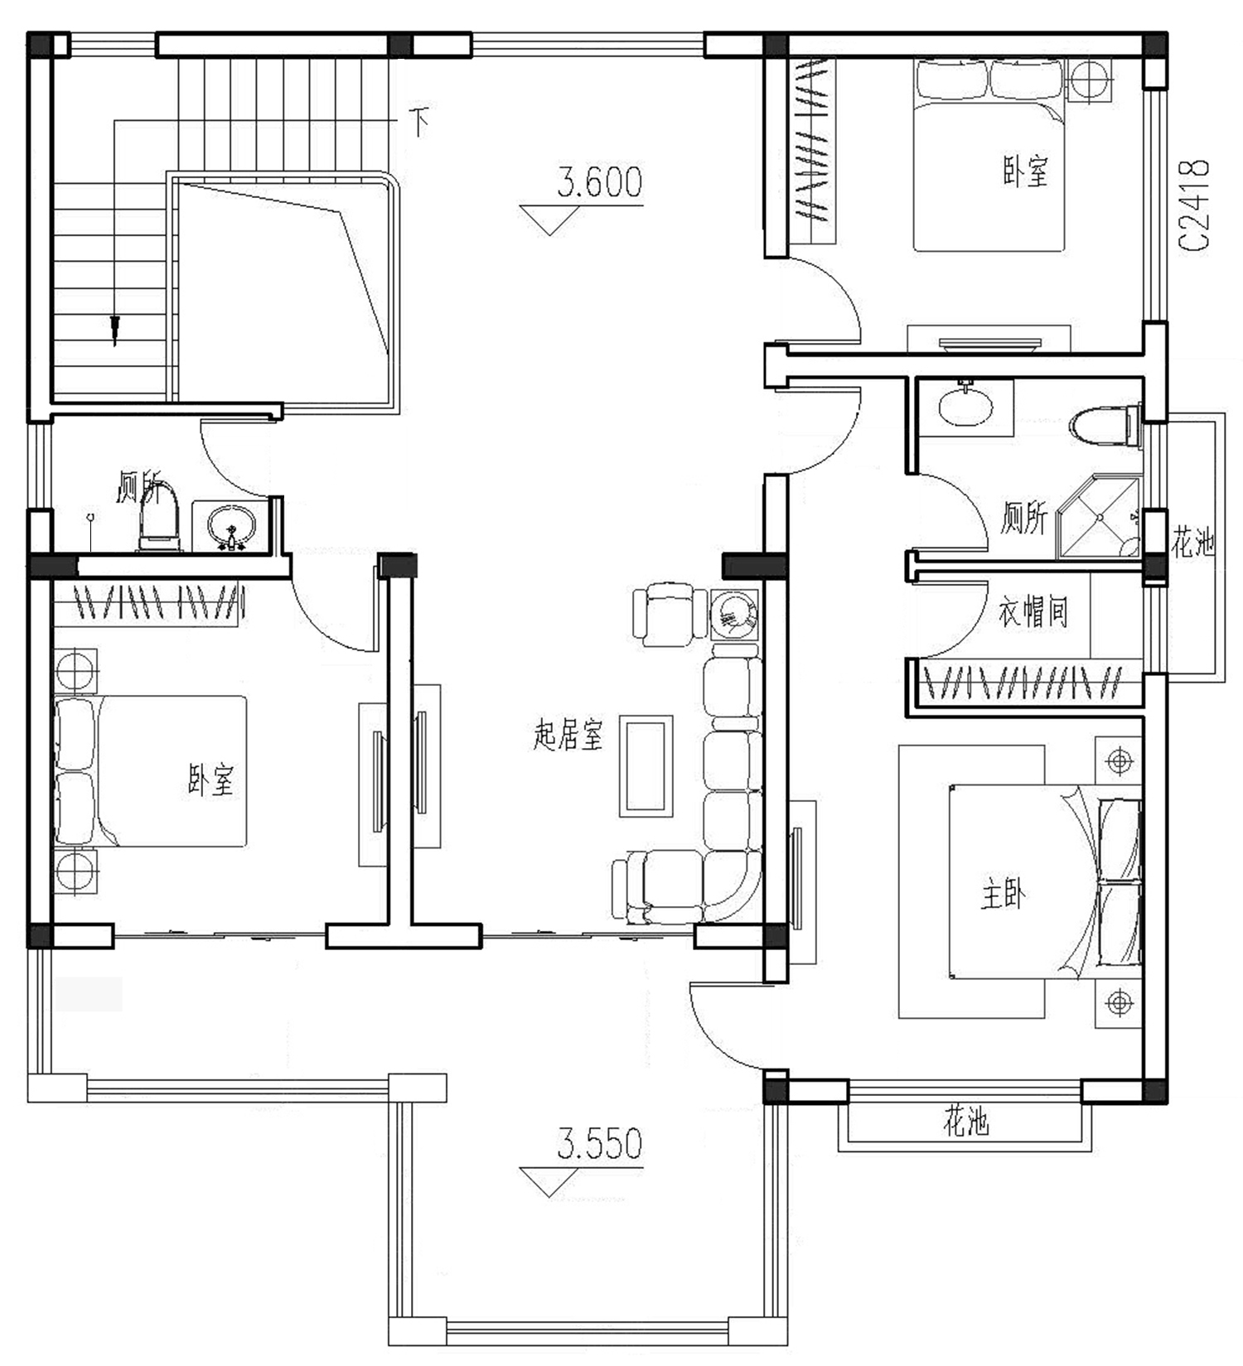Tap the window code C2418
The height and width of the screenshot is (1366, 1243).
point(1194,205)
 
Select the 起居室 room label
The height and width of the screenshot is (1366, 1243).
point(568,735)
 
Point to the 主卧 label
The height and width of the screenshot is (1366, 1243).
point(1003,895)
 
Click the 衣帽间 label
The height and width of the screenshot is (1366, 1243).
point(1033,612)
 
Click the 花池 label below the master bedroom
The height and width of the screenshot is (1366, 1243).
point(965,1122)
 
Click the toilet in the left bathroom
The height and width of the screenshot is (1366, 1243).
point(158,517)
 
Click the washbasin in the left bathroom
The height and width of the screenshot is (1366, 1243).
point(231,525)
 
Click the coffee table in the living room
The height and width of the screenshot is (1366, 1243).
point(646,766)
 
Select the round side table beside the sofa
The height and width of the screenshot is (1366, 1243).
point(734,613)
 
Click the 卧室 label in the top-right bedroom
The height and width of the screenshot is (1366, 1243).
point(1025,171)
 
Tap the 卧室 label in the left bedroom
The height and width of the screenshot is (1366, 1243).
point(210,780)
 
